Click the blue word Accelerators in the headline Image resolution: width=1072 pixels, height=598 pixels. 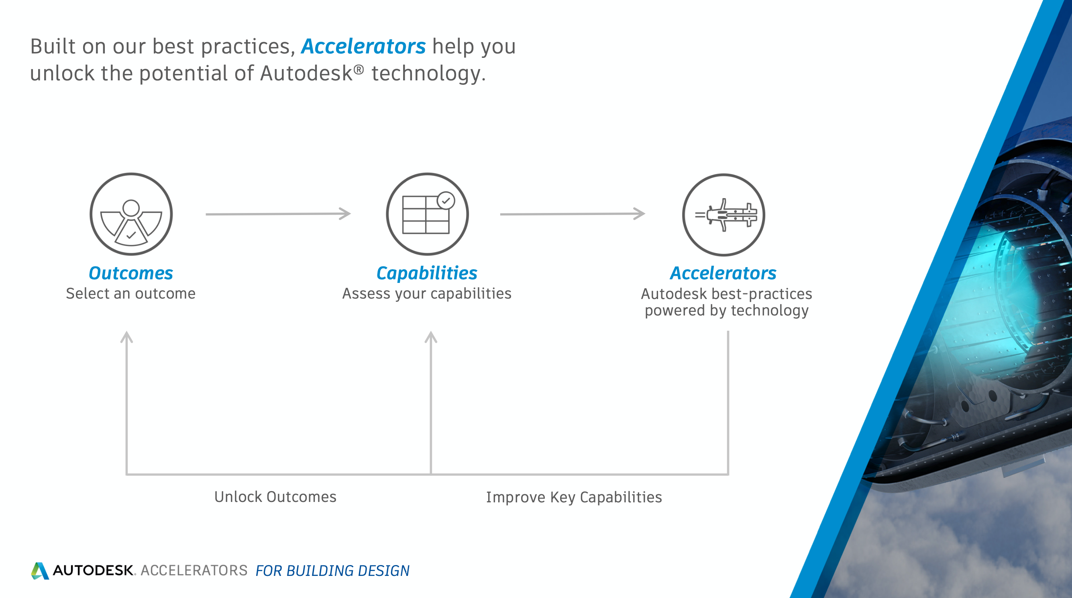click(363, 46)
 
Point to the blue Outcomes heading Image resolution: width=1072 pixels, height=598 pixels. click(130, 273)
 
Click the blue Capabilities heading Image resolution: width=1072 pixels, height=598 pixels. click(427, 274)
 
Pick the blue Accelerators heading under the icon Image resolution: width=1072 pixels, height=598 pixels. click(723, 273)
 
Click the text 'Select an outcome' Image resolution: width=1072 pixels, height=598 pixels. click(130, 294)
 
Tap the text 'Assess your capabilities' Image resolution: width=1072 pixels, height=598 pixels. click(427, 294)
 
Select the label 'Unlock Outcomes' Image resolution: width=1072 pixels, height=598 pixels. click(275, 497)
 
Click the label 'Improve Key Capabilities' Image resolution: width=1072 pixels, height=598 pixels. click(574, 498)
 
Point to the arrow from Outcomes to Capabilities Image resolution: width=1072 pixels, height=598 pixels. click(278, 214)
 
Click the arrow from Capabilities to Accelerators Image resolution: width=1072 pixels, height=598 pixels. click(573, 214)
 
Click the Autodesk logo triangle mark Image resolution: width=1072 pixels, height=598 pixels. click(40, 571)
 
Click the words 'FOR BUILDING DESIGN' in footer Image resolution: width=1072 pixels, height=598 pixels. click(332, 571)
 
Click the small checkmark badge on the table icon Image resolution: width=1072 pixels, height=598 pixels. click(446, 200)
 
